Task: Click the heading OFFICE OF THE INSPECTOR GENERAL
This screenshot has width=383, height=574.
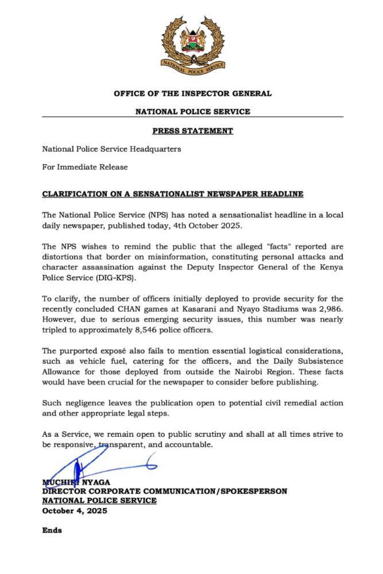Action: (x=192, y=94)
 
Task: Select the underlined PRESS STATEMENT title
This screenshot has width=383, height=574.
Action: (x=192, y=131)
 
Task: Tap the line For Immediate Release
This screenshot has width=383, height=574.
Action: (x=84, y=167)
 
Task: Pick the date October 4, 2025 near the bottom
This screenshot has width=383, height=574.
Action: (x=74, y=510)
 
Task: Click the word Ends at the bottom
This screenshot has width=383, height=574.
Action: (x=52, y=530)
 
